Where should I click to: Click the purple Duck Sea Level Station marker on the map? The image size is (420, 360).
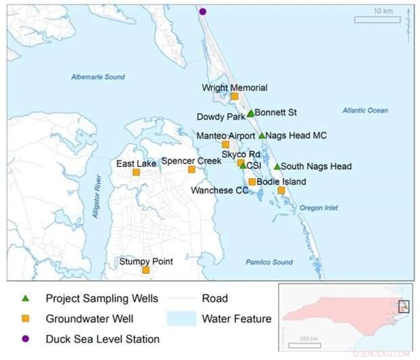point(203,11)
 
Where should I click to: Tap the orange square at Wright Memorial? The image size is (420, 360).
point(235,96)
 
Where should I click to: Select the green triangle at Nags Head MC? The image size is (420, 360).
point(262,135)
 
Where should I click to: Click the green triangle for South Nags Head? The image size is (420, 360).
point(277,166)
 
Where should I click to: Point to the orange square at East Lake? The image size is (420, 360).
point(136,172)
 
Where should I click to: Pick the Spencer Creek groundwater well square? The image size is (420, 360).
point(191,169)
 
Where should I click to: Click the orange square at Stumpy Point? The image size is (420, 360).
point(145,270)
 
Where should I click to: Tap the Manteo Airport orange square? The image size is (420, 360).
point(226,144)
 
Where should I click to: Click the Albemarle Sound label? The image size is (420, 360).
point(98,77)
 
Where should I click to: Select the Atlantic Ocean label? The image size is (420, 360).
point(365,110)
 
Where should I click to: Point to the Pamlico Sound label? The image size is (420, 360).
point(269,262)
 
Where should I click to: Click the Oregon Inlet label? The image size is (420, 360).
point(319,208)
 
